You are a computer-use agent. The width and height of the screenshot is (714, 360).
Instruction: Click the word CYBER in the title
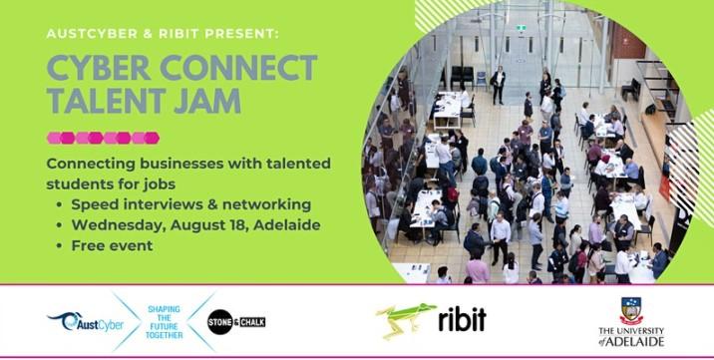click(94, 69)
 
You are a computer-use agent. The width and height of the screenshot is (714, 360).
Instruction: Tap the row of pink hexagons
click(103, 138)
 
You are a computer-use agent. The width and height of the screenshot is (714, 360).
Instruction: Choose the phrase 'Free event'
click(114, 245)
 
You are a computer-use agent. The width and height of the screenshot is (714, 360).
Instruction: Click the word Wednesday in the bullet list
click(115, 224)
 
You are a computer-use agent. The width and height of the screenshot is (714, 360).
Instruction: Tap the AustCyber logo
click(79, 320)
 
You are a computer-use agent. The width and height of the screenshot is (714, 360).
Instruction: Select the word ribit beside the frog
click(462, 319)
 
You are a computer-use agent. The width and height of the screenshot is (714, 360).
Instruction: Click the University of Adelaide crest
click(631, 310)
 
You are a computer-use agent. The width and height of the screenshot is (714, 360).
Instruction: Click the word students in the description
click(82, 183)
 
